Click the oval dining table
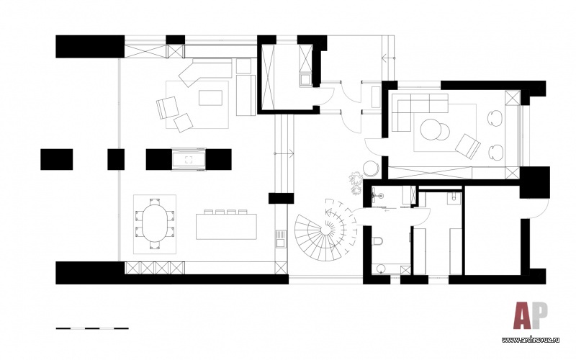click(x=155, y=224)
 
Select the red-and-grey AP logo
click(x=531, y=315)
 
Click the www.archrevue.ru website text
click(x=531, y=340)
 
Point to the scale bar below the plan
click(x=92, y=328)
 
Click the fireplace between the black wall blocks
click(x=189, y=159)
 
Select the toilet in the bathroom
click(x=377, y=241)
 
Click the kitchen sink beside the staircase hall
click(x=280, y=238)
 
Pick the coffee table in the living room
click(x=210, y=98)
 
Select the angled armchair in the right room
click(x=467, y=147)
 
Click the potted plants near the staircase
click(x=356, y=183)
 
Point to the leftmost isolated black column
click(x=57, y=159)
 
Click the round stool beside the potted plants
click(x=371, y=168)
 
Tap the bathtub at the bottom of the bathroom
click(x=390, y=269)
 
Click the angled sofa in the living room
click(x=204, y=73)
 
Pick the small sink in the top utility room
click(x=305, y=80)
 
